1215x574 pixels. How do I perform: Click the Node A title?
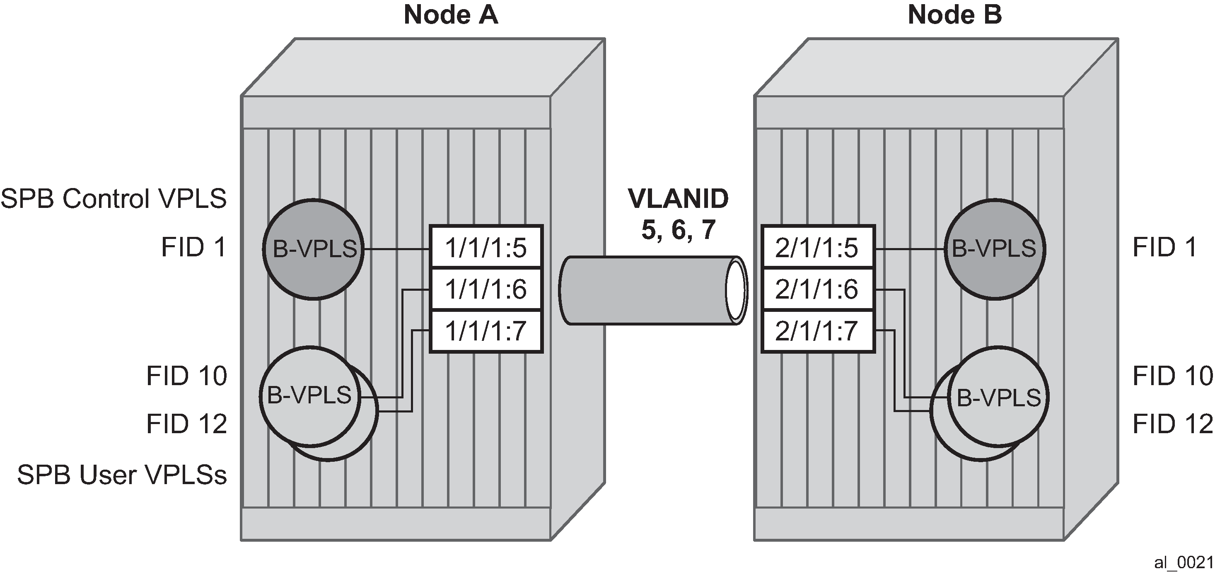(451, 14)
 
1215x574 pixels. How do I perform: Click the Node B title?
(954, 14)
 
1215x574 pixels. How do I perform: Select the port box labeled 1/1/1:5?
(486, 248)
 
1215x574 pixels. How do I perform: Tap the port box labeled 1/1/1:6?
(486, 289)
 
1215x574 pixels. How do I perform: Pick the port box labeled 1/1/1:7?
(486, 331)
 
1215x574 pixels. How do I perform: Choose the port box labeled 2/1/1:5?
(818, 248)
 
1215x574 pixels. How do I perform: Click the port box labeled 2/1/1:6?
(818, 289)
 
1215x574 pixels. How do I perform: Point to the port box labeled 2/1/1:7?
(818, 331)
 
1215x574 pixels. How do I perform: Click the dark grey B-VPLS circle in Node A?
(314, 249)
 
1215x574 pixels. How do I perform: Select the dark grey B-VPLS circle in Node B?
(995, 249)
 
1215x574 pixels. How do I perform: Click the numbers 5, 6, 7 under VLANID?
(678, 230)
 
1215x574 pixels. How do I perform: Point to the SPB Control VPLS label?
(114, 198)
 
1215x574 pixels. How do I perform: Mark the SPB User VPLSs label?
(122, 475)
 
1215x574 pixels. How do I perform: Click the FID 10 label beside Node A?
(187, 376)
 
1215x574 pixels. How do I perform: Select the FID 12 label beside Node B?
(1173, 424)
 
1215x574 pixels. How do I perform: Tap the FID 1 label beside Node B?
(1164, 248)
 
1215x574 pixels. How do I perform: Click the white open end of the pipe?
(736, 290)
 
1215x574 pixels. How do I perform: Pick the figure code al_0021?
(1184, 563)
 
